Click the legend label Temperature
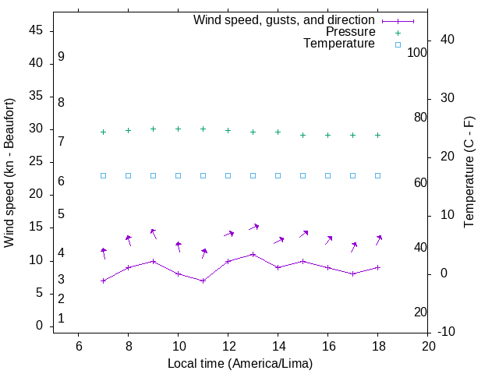pyautogui.click(x=339, y=44)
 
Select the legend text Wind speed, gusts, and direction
pyautogui.click(x=285, y=20)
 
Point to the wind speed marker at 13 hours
pyautogui.click(x=253, y=254)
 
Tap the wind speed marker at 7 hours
pyautogui.click(x=103, y=280)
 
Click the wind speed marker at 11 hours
pyautogui.click(x=203, y=280)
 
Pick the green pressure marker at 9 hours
pyautogui.click(x=153, y=129)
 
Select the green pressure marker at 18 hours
pyautogui.click(x=377, y=135)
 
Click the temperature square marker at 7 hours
pyautogui.click(x=103, y=175)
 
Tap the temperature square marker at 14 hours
pyautogui.click(x=278, y=175)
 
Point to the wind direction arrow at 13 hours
pyautogui.click(x=253, y=227)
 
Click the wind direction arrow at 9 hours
pyautogui.click(x=154, y=233)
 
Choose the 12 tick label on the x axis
pyautogui.click(x=228, y=346)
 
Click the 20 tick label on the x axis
pyautogui.click(x=427, y=346)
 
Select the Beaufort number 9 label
pyautogui.click(x=61, y=57)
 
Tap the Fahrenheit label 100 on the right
pyautogui.click(x=417, y=52)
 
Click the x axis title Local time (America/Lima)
pyautogui.click(x=240, y=363)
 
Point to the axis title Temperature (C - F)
pyautogui.click(x=469, y=173)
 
